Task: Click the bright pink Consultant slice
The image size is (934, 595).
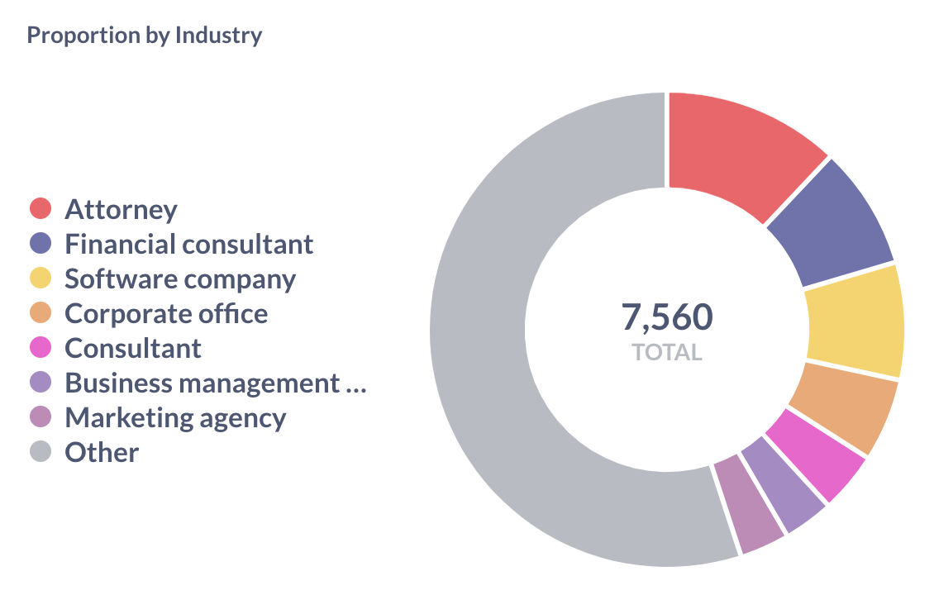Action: coord(814,463)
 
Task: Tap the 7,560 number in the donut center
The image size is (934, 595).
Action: coord(667,317)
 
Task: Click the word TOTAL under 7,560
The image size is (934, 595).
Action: coord(667,353)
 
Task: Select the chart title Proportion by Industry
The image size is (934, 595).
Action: coord(145,36)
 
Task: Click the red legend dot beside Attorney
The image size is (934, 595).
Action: coord(41,209)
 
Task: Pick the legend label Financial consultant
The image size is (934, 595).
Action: coord(189,244)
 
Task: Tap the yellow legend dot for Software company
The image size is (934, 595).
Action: coord(41,278)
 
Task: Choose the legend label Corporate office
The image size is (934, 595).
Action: coord(166,313)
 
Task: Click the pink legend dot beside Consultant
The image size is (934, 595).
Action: coord(41,348)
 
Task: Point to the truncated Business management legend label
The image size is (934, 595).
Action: coord(215,383)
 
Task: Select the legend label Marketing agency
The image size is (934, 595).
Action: coord(175,417)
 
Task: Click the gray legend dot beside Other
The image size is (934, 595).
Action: coord(41,452)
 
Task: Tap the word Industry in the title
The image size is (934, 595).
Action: coord(218,36)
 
